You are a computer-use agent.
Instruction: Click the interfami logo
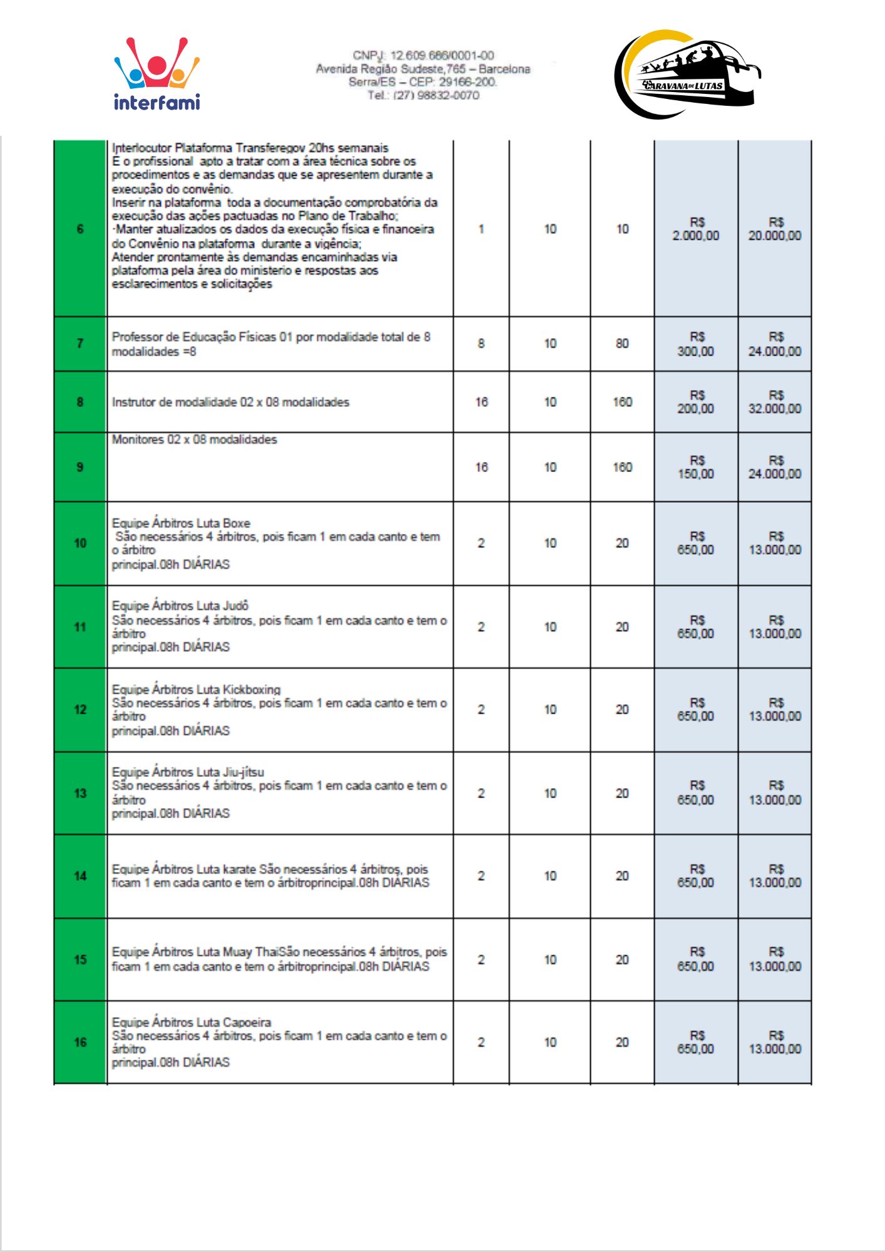(156, 74)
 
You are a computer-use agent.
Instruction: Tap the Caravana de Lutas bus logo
(687, 74)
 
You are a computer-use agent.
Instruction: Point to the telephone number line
(423, 95)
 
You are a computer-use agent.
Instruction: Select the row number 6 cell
(80, 229)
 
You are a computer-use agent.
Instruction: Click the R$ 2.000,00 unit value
(696, 230)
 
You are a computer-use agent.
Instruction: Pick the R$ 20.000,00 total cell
(775, 230)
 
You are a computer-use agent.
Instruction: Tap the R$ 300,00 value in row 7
(696, 344)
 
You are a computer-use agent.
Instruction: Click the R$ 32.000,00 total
(775, 403)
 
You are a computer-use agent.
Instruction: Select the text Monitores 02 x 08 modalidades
(194, 439)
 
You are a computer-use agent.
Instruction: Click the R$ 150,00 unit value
(696, 468)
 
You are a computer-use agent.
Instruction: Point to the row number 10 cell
(80, 543)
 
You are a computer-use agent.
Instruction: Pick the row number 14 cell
(80, 876)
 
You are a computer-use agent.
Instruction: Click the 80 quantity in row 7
(622, 344)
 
